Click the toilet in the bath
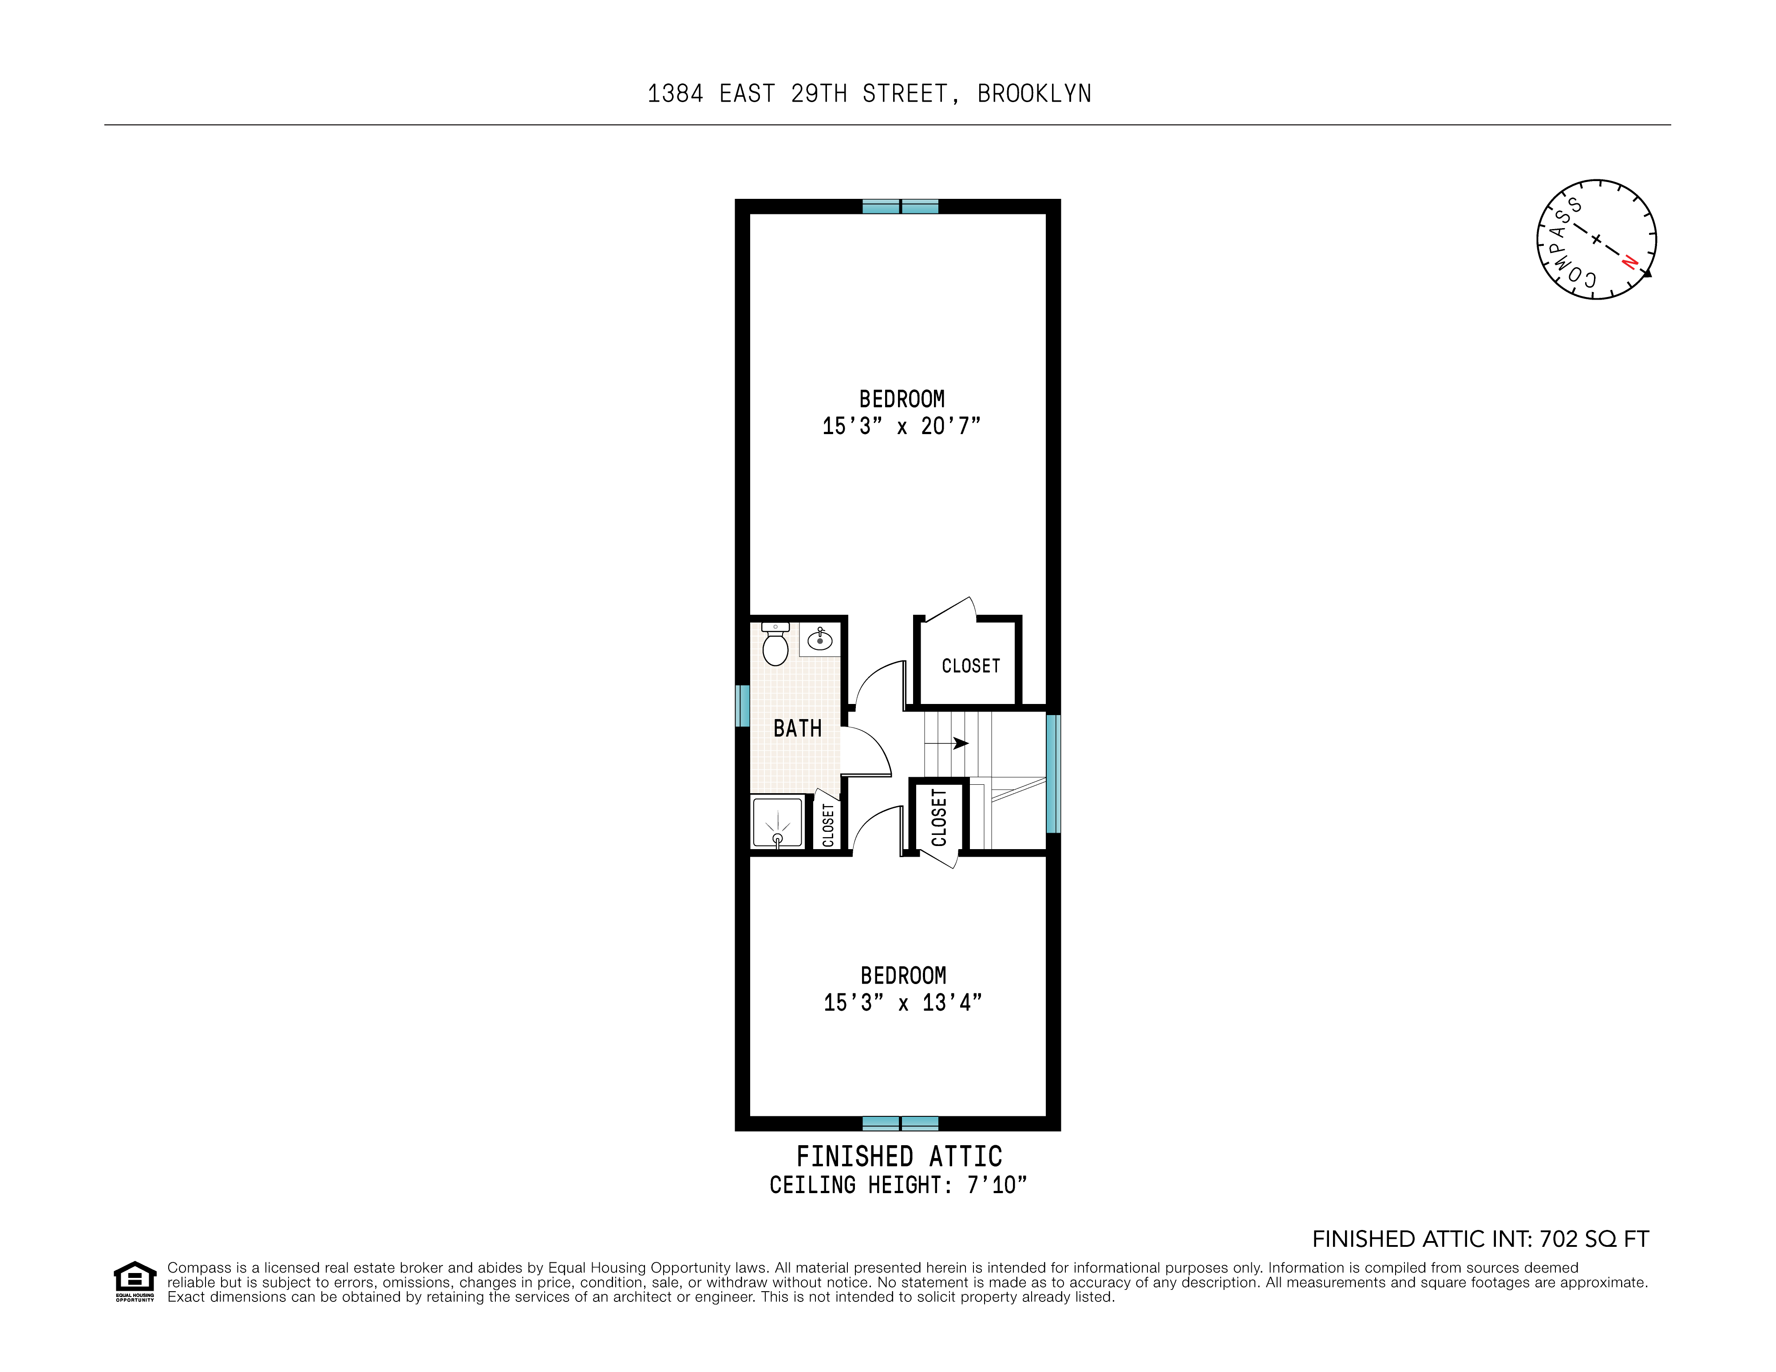point(775,647)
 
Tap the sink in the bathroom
point(820,640)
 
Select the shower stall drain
point(777,838)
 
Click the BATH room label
point(797,729)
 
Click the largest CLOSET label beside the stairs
point(970,666)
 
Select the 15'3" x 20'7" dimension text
point(901,426)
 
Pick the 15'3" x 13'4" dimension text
point(902,1003)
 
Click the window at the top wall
point(900,206)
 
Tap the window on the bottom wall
point(900,1123)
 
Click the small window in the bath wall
point(742,705)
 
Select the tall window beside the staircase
point(1053,773)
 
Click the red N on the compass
point(1629,262)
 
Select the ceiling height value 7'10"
point(996,1185)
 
